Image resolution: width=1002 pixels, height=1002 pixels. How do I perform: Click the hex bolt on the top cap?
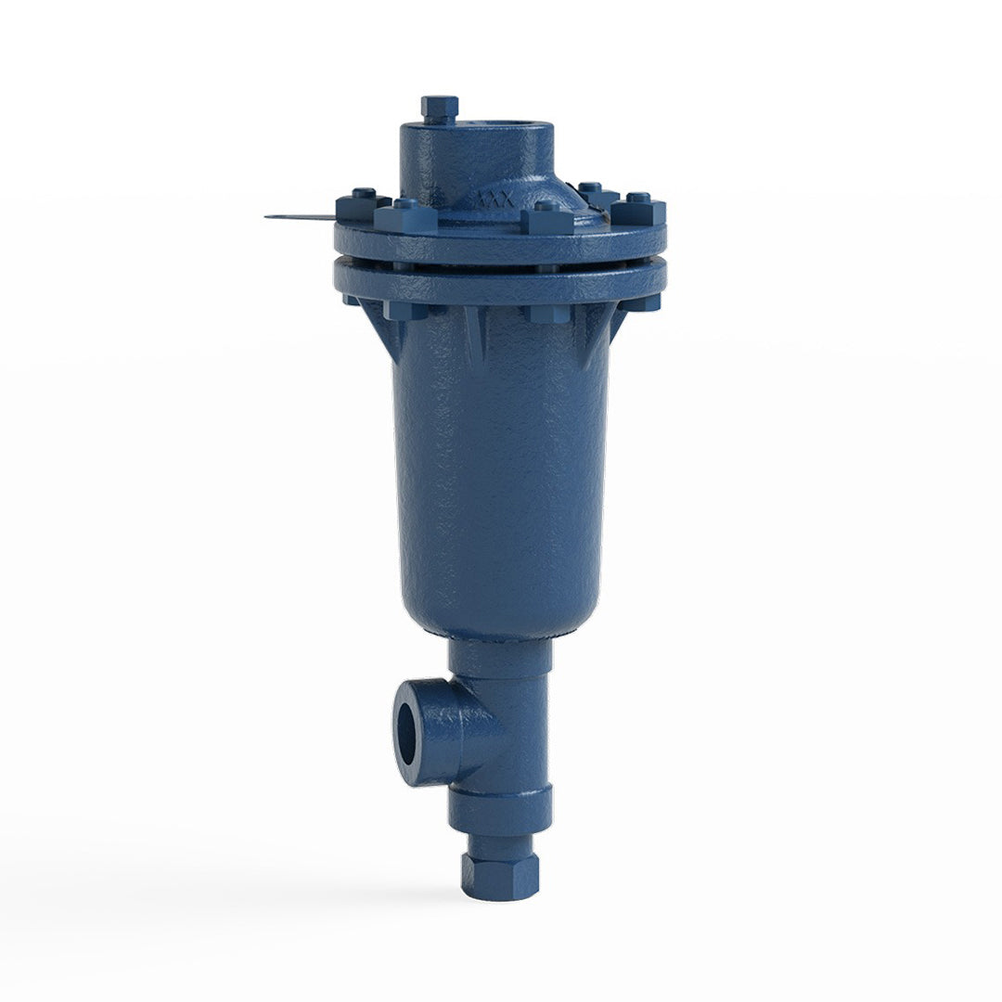coord(439,109)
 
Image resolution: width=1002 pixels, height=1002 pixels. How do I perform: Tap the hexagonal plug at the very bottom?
coord(500,875)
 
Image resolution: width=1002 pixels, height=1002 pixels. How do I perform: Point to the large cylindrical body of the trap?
coord(501,464)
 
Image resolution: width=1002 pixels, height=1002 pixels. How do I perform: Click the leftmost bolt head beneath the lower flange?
coord(352,300)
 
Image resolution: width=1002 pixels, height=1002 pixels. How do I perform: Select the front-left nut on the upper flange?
coord(405,217)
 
